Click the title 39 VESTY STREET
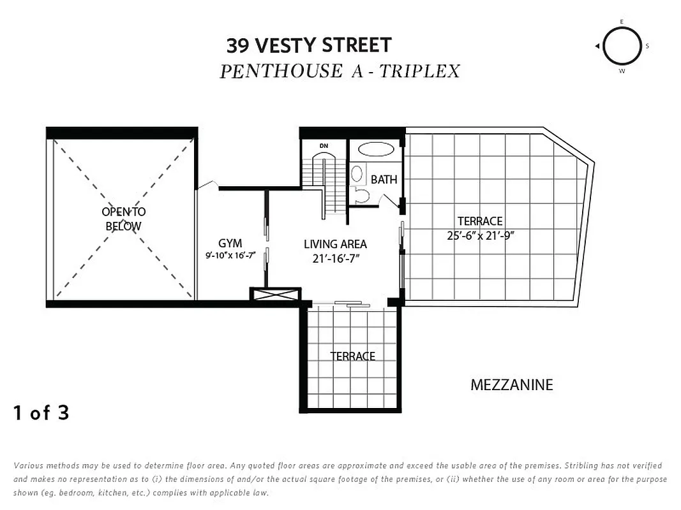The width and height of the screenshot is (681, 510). [x=309, y=45]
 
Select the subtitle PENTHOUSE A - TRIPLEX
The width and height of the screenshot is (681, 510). [x=340, y=71]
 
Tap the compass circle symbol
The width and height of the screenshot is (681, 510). [x=621, y=47]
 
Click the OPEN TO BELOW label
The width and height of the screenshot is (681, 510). [x=123, y=219]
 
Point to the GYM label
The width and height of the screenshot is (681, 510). [x=230, y=243]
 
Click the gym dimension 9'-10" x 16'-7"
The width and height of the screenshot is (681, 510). [x=230, y=256]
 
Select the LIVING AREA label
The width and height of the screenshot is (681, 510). [x=335, y=244]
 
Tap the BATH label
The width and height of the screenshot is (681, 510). [x=384, y=180]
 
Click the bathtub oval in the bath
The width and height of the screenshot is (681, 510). [x=376, y=149]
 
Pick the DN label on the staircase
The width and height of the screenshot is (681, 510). [x=324, y=146]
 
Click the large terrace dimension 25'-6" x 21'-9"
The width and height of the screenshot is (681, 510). [x=481, y=235]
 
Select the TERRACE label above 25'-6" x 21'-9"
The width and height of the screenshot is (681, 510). [x=480, y=221]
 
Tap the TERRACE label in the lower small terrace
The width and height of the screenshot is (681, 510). [x=352, y=356]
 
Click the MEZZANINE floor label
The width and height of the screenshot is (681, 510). [x=511, y=385]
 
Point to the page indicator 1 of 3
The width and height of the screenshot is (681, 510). [x=41, y=413]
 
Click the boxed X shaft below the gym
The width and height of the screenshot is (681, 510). [x=275, y=295]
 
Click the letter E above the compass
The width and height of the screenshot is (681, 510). [x=621, y=22]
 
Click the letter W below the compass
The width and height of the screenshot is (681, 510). [x=621, y=71]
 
